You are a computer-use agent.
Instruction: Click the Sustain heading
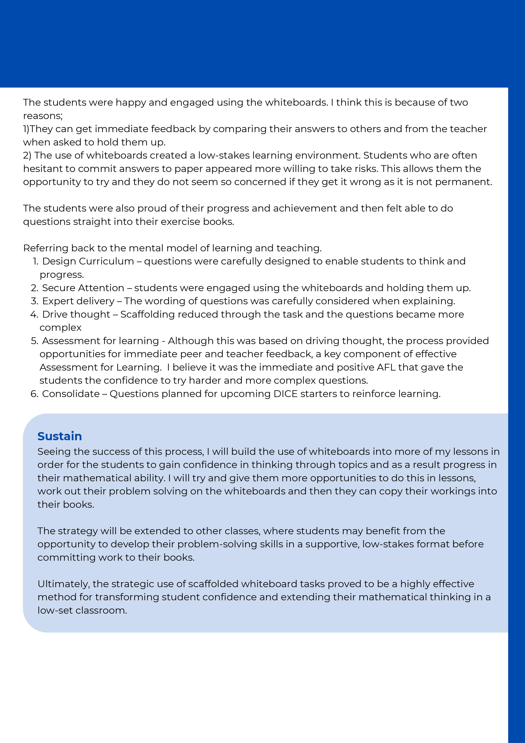click(59, 436)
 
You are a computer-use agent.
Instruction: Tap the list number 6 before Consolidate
click(34, 394)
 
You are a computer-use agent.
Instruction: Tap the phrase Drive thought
click(76, 314)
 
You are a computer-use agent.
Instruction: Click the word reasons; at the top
click(43, 116)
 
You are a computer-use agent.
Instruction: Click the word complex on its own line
click(61, 328)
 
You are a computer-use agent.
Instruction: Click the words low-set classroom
click(82, 610)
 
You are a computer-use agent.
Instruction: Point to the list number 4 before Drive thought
click(34, 314)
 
